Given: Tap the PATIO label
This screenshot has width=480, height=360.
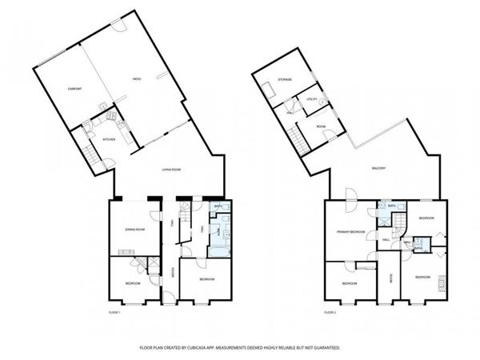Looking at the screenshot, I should (137, 78).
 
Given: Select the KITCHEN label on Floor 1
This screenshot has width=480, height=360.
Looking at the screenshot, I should (109, 140).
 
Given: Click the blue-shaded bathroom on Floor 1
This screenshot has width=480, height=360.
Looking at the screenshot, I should (219, 232).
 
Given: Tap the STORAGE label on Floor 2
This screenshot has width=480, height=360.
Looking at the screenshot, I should (285, 80).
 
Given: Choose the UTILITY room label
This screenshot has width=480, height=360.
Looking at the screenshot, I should (313, 99).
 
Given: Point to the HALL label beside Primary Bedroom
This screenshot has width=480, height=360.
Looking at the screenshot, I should (386, 240).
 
